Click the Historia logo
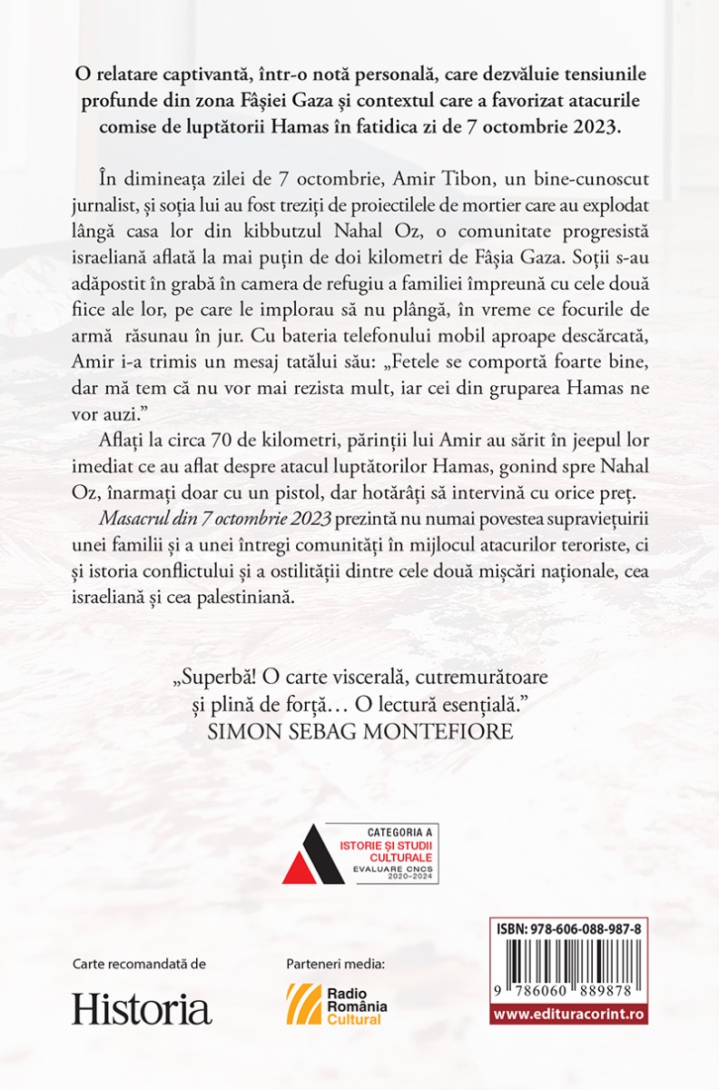[x=142, y=1008]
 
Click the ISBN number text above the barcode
[x=556, y=930]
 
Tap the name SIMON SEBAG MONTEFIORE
[x=361, y=732]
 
